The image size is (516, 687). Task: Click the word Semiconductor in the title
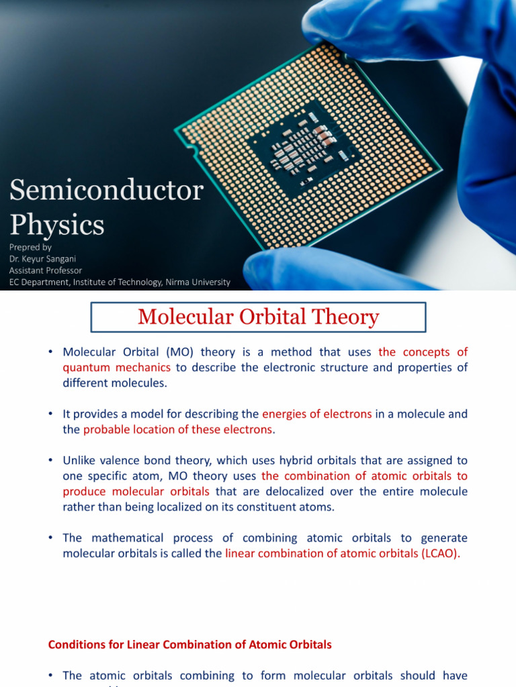(106, 191)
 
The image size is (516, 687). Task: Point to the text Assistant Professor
(46, 270)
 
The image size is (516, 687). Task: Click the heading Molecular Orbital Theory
(258, 317)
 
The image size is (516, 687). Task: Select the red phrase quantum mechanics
(116, 367)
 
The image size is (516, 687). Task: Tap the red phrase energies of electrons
(316, 414)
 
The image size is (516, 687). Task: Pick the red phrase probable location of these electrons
(178, 429)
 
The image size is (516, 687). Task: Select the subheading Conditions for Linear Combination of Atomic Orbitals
(190, 644)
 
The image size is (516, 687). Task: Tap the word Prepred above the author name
(30, 247)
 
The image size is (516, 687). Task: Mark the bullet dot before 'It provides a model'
(51, 414)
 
